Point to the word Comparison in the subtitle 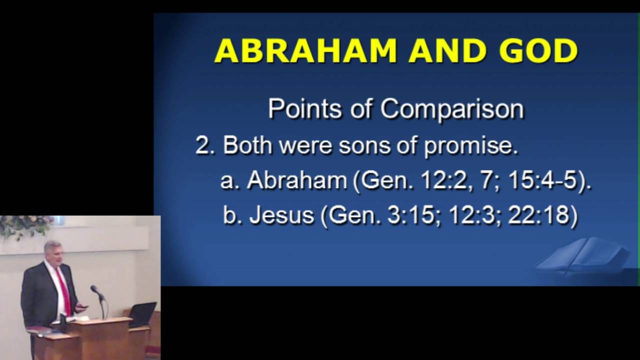[x=452, y=109]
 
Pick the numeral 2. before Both [x=205, y=145]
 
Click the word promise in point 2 [x=470, y=146]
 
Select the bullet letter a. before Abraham [x=230, y=180]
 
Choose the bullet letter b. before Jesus [x=232, y=215]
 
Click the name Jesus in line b [x=281, y=215]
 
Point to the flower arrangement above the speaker [x=25, y=226]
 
